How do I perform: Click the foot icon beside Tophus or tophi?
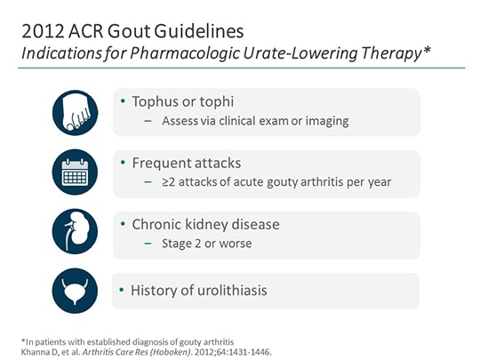75,111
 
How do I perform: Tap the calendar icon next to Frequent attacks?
75,172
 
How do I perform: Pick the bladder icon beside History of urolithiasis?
75,291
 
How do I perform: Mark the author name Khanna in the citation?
35,349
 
